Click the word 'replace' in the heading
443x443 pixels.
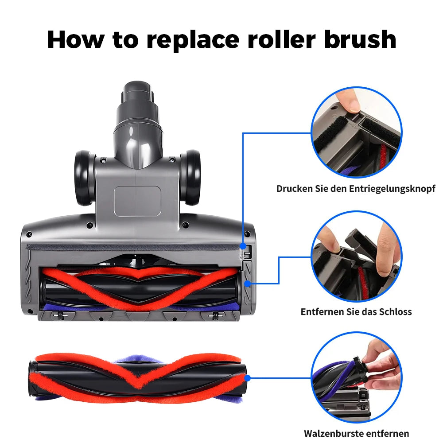coord(193,40)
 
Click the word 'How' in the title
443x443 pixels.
coord(76,39)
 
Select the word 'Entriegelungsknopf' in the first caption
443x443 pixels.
coord(392,189)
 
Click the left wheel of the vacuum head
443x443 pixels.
coord(85,178)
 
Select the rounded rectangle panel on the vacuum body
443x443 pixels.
coord(138,201)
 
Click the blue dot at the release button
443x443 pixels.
coord(243,246)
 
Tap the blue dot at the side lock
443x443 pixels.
coord(248,284)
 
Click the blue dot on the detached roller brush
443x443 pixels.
coord(247,378)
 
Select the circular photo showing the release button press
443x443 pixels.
coord(357,132)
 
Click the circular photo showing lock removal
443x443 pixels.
coord(357,256)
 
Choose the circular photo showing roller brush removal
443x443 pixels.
coord(357,377)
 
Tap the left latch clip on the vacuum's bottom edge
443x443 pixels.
coord(60,315)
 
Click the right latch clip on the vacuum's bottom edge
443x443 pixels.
coord(216,315)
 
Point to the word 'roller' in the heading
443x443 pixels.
coord(281,39)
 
